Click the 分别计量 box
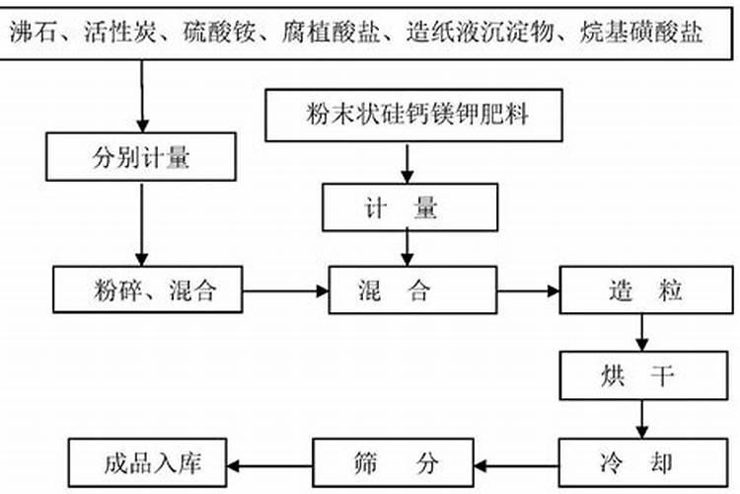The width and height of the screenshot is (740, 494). (142, 158)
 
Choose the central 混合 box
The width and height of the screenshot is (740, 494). (411, 290)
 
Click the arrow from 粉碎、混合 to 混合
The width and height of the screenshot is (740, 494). (287, 290)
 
